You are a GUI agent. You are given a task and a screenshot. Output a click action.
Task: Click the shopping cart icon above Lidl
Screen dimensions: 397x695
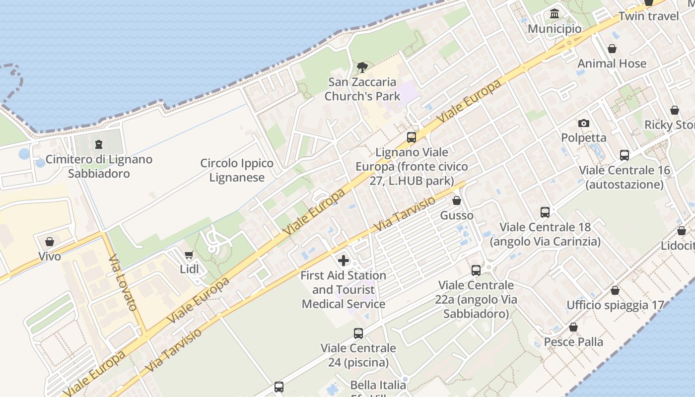[x=189, y=255]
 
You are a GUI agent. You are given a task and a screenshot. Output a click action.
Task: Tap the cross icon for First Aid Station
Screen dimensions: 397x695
[x=344, y=261]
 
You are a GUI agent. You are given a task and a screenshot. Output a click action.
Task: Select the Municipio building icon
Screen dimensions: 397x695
[x=555, y=14]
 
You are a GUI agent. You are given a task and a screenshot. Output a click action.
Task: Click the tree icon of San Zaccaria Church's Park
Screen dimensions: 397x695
[x=362, y=67]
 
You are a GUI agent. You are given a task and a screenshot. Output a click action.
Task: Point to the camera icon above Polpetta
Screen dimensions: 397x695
[x=584, y=123]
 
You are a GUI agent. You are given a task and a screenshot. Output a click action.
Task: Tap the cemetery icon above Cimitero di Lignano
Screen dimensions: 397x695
[x=98, y=145]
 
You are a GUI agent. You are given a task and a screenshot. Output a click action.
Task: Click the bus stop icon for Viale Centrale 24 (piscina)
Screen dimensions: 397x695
[x=358, y=333]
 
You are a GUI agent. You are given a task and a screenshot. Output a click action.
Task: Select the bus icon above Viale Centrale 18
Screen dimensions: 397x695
[x=545, y=212]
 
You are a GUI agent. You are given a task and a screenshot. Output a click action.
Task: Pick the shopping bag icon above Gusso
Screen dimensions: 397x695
[x=457, y=201]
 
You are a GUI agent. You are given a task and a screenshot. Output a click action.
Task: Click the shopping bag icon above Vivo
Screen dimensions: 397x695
[x=50, y=242]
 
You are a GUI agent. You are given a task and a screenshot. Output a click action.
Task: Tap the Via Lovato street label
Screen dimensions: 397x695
[x=123, y=282]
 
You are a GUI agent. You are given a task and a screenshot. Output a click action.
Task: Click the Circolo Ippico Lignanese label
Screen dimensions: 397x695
[x=237, y=170]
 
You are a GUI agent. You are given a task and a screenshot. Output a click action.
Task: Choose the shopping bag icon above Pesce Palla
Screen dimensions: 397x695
[x=573, y=328]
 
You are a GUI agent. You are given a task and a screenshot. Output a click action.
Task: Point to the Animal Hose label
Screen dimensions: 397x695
[x=612, y=64]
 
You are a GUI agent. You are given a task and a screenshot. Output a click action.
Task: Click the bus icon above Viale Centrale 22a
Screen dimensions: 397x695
[x=476, y=270]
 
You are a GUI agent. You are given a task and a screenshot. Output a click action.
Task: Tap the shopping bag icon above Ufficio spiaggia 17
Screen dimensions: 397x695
[x=615, y=290]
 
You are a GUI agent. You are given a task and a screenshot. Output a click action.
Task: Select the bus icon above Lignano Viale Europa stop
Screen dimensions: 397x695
[x=412, y=137]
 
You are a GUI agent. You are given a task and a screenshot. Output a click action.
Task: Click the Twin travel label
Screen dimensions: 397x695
[x=648, y=16]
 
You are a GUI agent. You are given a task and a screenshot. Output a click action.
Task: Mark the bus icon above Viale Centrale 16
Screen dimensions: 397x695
[x=625, y=155]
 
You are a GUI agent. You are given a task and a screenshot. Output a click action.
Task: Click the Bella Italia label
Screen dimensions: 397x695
[x=378, y=385]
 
